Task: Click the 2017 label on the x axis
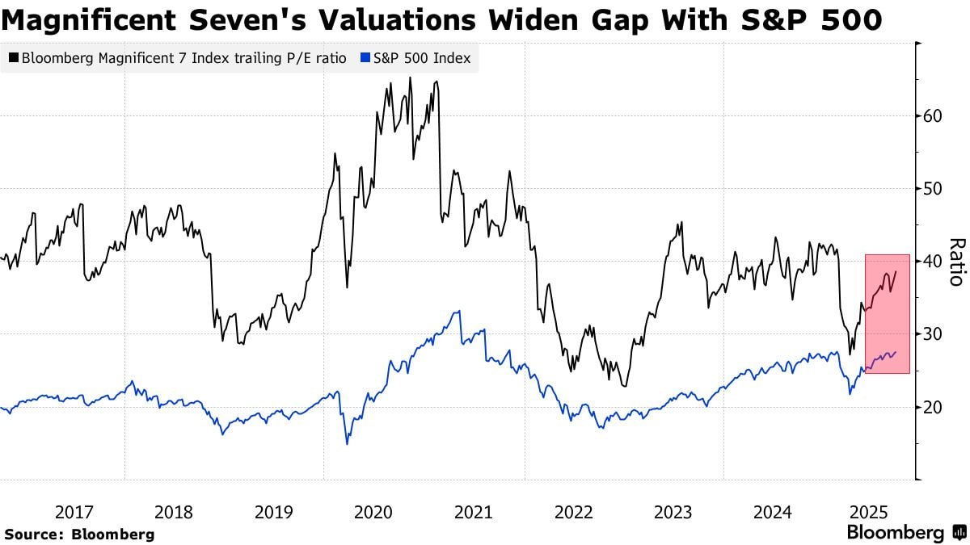tap(74, 512)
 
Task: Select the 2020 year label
tap(373, 512)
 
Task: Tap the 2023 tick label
tap(673, 512)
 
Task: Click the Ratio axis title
tap(956, 262)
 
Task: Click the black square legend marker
tap(14, 58)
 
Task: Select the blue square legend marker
tap(365, 58)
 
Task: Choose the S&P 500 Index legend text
tap(422, 58)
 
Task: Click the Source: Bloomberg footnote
tap(79, 534)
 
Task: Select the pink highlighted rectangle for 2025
tap(887, 313)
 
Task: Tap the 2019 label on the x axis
tap(273, 512)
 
